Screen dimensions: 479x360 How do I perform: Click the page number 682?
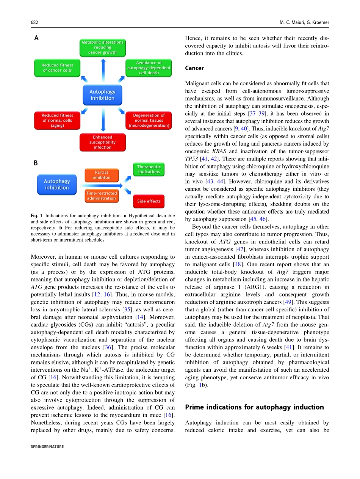(34, 22)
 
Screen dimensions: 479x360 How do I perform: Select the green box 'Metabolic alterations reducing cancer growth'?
(102, 48)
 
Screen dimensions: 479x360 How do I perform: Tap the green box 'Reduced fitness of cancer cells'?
(57, 68)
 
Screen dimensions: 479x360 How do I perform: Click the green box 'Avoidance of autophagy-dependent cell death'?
(149, 68)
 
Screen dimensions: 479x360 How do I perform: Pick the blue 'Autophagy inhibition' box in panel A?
(102, 95)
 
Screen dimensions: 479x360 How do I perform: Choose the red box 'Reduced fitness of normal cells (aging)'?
(57, 120)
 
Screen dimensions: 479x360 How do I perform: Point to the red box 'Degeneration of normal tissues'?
(149, 120)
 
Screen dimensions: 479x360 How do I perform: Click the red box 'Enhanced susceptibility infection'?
(102, 142)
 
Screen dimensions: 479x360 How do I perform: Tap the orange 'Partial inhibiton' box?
(102, 175)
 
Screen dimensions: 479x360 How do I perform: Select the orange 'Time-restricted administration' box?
(102, 196)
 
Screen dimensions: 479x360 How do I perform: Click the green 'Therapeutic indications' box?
(149, 170)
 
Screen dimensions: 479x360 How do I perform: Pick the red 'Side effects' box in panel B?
(149, 201)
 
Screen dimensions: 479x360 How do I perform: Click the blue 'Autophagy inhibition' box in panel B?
(56, 185)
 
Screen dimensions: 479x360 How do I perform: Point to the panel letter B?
(36, 163)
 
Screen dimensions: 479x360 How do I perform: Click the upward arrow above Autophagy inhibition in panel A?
(102, 71)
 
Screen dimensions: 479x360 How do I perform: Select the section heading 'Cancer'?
(194, 68)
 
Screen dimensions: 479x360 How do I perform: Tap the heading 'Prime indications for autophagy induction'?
(254, 407)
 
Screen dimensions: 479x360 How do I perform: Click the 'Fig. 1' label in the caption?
(36, 216)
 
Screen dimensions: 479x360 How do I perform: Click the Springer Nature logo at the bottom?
(47, 447)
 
